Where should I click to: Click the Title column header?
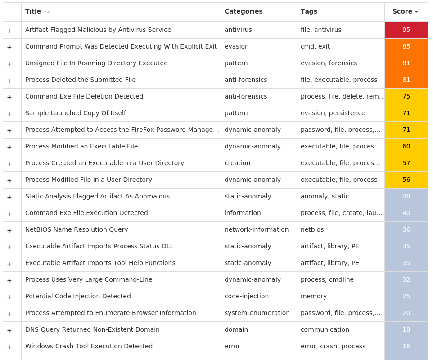click(33, 12)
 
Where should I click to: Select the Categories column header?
click(244, 12)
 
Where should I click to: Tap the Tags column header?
click(309, 12)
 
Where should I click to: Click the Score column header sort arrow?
click(416, 12)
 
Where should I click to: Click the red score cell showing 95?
click(406, 30)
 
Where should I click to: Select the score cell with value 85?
click(406, 47)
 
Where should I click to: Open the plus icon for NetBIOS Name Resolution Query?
click(9, 230)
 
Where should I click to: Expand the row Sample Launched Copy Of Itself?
click(9, 114)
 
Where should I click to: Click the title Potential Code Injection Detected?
click(78, 296)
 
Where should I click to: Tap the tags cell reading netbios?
click(312, 229)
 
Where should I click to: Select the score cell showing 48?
click(406, 197)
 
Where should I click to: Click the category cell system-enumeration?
click(257, 313)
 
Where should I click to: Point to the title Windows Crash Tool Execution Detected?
click(89, 346)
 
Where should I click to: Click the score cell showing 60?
click(406, 147)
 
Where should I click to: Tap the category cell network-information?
click(257, 229)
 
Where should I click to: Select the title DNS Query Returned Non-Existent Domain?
click(92, 329)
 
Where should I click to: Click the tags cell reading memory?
click(314, 296)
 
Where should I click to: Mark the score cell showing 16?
click(406, 346)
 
